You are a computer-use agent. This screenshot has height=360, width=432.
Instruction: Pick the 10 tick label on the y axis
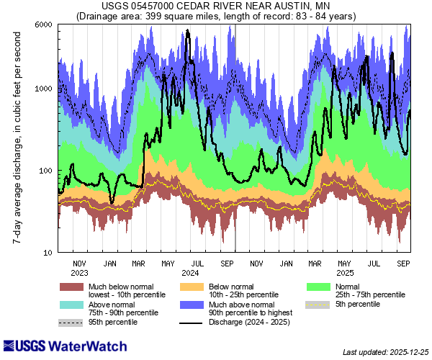pos(48,253)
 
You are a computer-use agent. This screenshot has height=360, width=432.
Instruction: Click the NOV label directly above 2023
pos(79,263)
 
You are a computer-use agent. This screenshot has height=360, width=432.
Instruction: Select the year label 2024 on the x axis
pos(190,273)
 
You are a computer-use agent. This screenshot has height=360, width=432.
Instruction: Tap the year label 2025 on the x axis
pos(345,273)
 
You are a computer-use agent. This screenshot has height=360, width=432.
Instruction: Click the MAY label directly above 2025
pos(345,263)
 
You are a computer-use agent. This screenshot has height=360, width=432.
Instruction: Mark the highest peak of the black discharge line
pos(188,31)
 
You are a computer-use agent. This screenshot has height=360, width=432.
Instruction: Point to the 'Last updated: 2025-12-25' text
pos(385,352)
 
